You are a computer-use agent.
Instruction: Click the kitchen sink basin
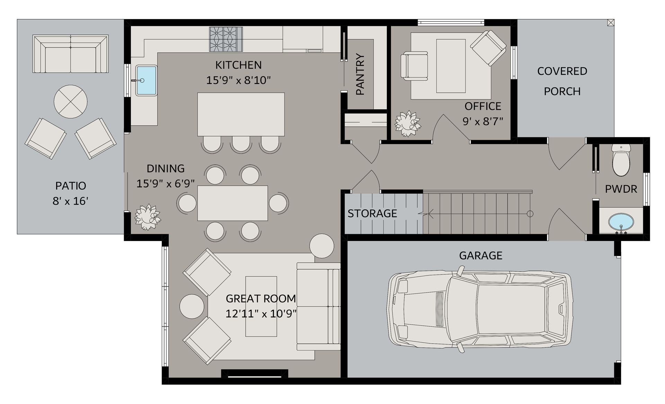point(147,80)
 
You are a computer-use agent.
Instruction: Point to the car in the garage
point(480,309)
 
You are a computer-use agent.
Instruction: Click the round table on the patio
point(71,102)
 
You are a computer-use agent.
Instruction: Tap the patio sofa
point(71,54)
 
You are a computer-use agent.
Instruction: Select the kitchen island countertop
point(241,114)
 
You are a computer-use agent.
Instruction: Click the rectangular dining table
point(233,203)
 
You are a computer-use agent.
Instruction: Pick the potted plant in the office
point(408,124)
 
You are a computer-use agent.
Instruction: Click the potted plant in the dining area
point(148,217)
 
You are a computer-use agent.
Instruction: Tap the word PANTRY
point(360,74)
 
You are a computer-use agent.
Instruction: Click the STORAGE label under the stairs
point(372,213)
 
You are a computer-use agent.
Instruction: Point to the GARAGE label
point(481,255)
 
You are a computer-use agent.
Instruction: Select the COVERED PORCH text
point(562,81)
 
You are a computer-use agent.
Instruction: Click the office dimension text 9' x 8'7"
point(483,122)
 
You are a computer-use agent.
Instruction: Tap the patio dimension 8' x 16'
point(71,201)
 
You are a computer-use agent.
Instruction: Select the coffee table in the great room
point(261,306)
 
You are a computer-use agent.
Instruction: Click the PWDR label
point(621,189)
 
